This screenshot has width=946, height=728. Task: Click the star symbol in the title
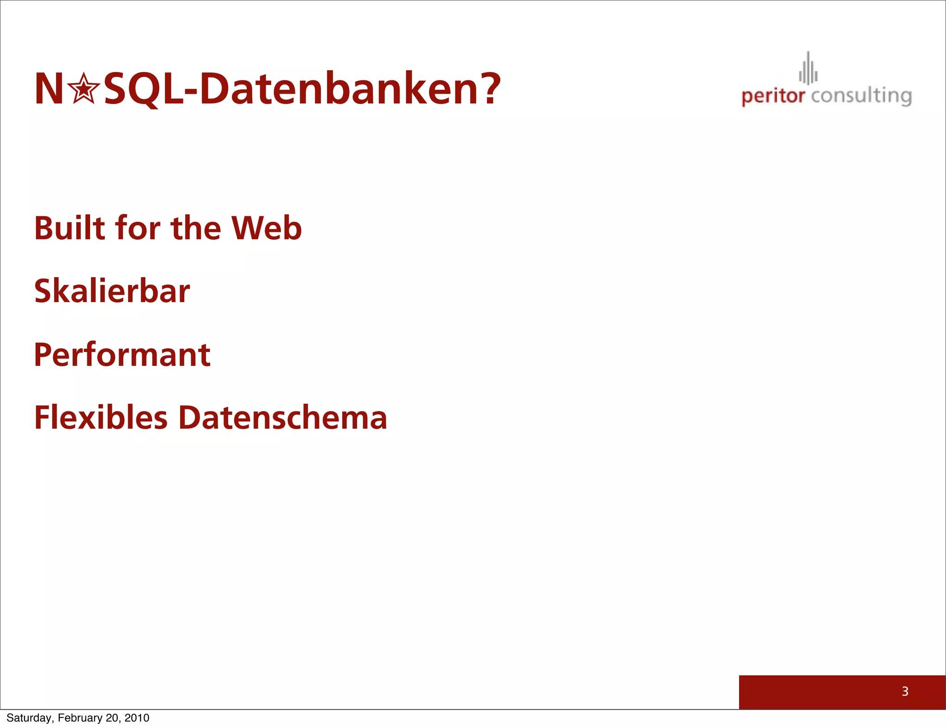[84, 89]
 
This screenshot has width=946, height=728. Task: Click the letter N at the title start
[49, 89]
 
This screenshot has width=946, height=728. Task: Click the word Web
[267, 228]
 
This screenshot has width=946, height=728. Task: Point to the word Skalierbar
[112, 291]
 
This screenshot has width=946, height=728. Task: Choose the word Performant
[122, 355]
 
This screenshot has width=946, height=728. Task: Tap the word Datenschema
[282, 418]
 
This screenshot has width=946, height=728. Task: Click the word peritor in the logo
[773, 96]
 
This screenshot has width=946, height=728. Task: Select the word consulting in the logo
[861, 96]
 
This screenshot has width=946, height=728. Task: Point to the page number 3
[905, 692]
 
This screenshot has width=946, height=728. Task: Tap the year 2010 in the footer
[137, 718]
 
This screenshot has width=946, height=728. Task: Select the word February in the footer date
[80, 718]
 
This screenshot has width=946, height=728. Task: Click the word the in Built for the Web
[196, 228]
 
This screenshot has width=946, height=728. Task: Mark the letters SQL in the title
[143, 89]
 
